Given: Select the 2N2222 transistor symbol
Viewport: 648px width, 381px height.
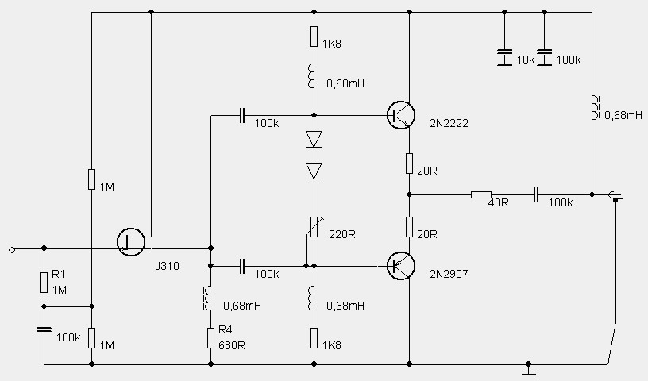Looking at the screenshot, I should pyautogui.click(x=400, y=116).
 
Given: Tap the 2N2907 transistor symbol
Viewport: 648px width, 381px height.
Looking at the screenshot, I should pyautogui.click(x=400, y=266).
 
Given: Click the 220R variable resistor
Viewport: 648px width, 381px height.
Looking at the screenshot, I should pyautogui.click(x=314, y=229).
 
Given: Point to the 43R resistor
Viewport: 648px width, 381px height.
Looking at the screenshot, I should pyautogui.click(x=481, y=194).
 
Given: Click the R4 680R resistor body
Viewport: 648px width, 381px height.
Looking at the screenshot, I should pyautogui.click(x=210, y=337).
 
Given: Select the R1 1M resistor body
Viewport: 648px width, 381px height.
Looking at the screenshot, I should pyautogui.click(x=44, y=283).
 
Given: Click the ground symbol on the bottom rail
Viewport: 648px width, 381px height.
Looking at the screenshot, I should pyautogui.click(x=529, y=369).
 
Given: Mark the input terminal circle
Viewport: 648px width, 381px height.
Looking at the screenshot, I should pyautogui.click(x=12, y=249).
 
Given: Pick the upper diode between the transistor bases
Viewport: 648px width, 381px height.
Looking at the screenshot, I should pyautogui.click(x=314, y=140).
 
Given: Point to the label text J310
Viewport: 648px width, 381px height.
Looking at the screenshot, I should pyautogui.click(x=167, y=266).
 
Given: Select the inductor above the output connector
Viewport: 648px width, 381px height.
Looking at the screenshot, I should pyautogui.click(x=592, y=109).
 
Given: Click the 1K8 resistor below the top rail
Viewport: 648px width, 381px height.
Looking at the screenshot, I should pyautogui.click(x=314, y=37).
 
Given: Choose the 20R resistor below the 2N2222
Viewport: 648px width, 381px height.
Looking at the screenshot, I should pyautogui.click(x=409, y=164).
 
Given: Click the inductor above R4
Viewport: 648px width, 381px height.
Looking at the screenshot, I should pyautogui.click(x=210, y=298).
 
